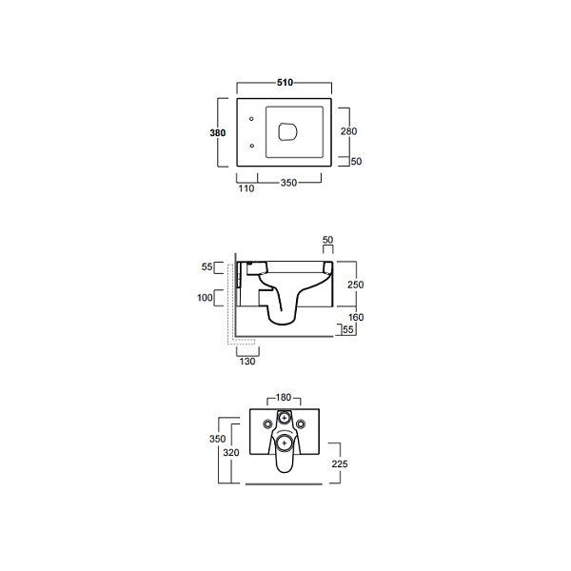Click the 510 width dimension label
click(285, 83)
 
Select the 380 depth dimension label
click(217, 133)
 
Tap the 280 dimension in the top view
click(348, 131)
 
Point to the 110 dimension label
click(246, 188)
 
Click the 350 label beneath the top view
click(288, 183)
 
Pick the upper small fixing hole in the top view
click(251, 119)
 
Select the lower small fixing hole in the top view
click(251, 146)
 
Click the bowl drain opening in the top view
click(287, 132)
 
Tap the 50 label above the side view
click(327, 240)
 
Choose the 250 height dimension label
click(355, 285)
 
